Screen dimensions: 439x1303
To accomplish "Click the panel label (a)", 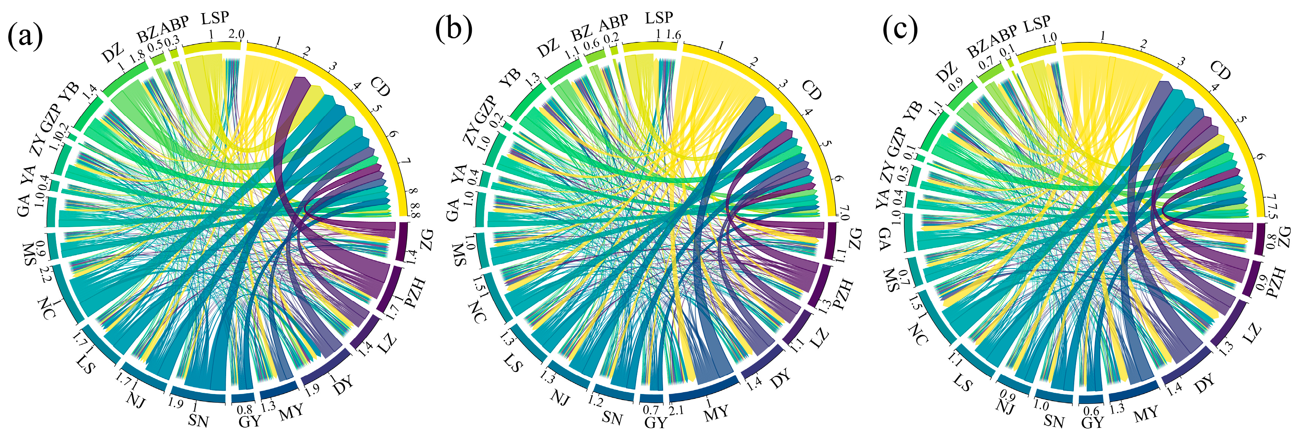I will (25, 36).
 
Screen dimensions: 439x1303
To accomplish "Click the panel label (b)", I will (454, 29).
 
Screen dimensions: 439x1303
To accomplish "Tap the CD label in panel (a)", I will (380, 87).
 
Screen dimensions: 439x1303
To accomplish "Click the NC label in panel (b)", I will (477, 312).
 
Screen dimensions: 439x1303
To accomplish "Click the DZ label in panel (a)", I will (112, 52).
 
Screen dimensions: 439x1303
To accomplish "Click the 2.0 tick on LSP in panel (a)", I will (236, 34).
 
